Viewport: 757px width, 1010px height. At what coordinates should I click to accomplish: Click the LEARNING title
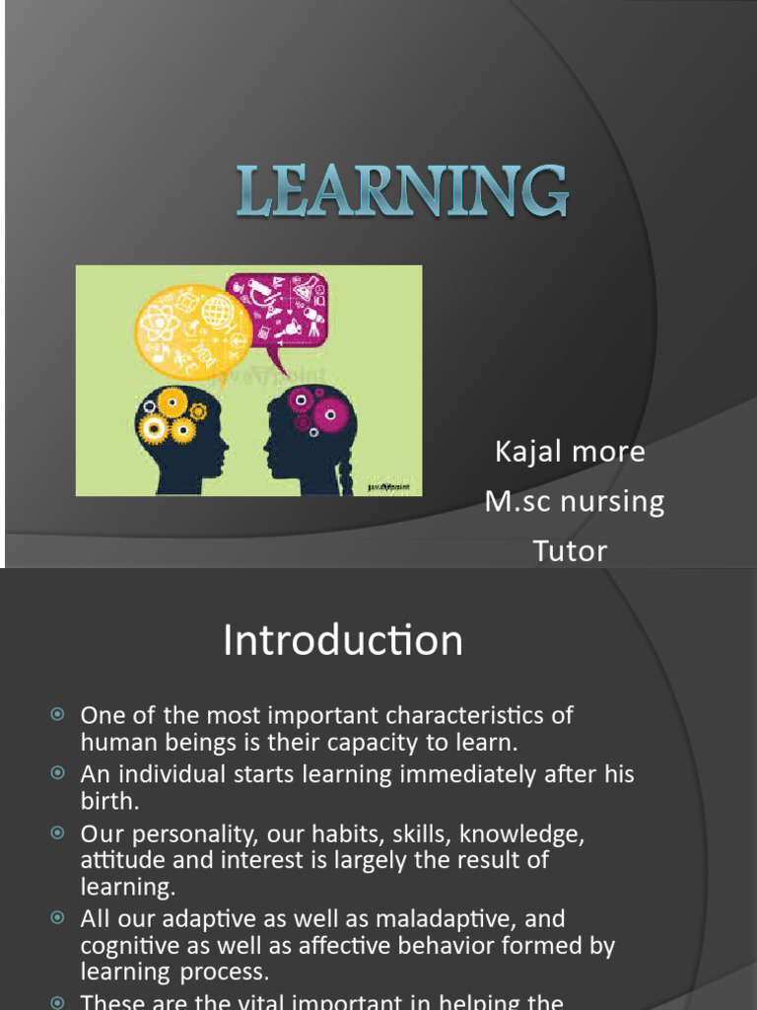point(402,191)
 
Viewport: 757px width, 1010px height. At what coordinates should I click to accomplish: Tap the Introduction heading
point(343,641)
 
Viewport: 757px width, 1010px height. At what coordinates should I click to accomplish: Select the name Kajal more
point(570,452)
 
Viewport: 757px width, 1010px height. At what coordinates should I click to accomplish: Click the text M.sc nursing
point(575,501)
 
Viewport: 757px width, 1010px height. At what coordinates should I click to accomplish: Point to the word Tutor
point(570,550)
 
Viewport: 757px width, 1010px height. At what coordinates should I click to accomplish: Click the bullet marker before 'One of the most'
point(57,714)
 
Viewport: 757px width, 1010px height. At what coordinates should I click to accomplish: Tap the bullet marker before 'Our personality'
point(57,833)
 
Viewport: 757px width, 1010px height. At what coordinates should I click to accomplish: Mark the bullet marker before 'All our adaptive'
point(57,918)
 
